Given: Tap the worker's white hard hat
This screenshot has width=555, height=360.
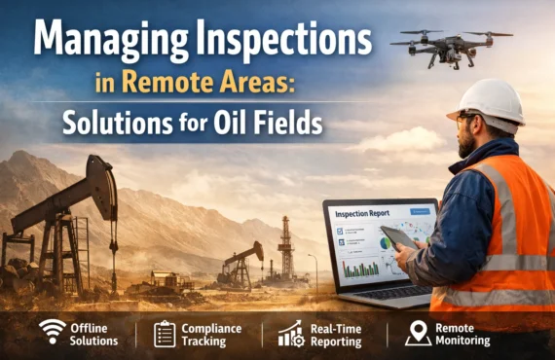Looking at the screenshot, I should coord(494,100).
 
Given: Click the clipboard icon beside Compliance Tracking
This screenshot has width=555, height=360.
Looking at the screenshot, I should coord(165,333).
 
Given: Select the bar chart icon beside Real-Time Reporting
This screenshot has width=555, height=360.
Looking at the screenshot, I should coord(290,333).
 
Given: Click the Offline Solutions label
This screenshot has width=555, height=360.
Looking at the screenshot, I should coord(93,334).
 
